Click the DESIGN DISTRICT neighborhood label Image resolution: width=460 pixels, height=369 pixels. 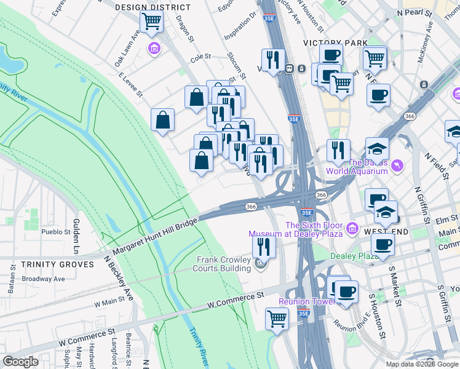tap(153, 7)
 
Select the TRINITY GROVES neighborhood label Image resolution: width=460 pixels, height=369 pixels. tap(49, 264)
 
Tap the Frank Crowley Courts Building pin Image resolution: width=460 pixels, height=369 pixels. tap(260, 265)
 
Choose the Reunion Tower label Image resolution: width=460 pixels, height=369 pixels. tap(305, 301)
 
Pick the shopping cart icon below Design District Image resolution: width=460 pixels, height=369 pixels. tap(151, 22)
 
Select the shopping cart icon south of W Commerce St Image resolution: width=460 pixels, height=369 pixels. tap(277, 319)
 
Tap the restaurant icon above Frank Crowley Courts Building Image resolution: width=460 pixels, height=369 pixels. tap(263, 247)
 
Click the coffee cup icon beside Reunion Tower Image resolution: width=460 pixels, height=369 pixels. tap(346, 292)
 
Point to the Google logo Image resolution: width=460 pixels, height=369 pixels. tap(20, 362)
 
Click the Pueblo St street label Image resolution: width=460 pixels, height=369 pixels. tap(57, 232)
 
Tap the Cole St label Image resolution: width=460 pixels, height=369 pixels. tap(200, 57)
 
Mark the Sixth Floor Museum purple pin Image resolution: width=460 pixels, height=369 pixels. tap(352, 229)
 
